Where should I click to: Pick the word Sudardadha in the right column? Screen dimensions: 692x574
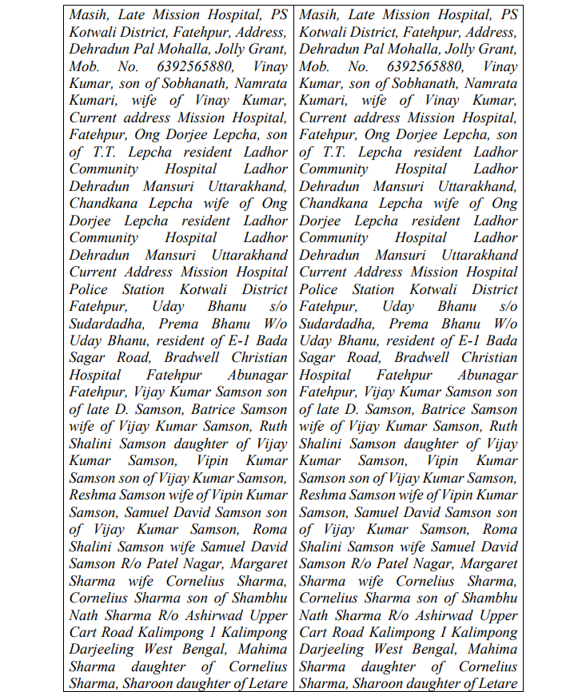(337, 324)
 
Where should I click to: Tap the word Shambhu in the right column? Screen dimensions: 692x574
(488, 599)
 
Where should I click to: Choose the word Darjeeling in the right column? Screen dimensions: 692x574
(336, 650)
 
